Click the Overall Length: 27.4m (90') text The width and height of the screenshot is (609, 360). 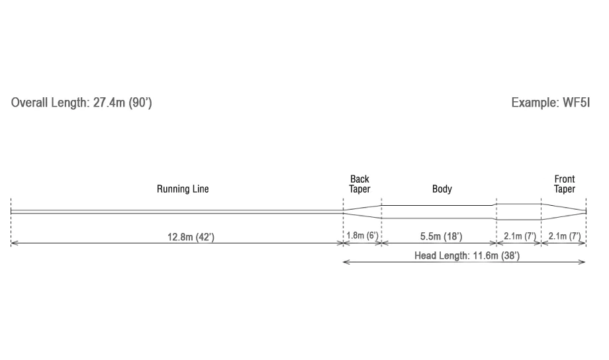coord(81,103)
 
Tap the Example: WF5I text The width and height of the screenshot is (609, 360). coord(550,103)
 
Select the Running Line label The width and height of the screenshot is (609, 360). coord(183,189)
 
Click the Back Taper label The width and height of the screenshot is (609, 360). coord(359,184)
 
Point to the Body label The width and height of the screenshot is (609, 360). coord(442,189)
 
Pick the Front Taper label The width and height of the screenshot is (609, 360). coord(565,184)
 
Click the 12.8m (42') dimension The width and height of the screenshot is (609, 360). coord(191,237)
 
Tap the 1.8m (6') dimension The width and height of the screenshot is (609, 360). coord(362,236)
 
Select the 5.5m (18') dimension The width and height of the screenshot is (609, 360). coord(442,236)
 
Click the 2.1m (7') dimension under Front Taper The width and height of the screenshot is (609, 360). coord(565,236)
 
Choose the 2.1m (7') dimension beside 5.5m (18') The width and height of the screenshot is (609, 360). coord(520,236)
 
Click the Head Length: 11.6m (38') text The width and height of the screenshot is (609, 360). coord(467,255)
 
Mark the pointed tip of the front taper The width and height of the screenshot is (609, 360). coord(586,212)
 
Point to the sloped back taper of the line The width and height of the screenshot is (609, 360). coord(362,212)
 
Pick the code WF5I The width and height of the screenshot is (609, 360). coord(577,103)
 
